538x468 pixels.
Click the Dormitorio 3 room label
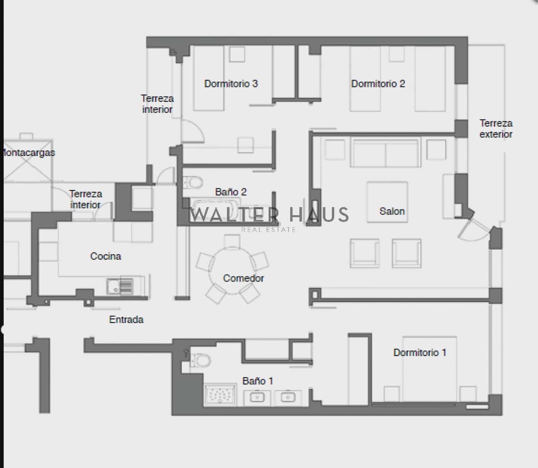(x=231, y=83)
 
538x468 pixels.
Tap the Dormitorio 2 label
(x=378, y=83)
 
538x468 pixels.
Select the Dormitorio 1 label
(x=419, y=353)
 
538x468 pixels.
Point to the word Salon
(x=392, y=211)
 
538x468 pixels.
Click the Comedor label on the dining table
(x=243, y=278)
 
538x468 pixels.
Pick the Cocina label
(x=106, y=256)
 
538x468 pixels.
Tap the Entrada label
(x=126, y=319)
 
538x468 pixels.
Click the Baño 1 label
(x=257, y=381)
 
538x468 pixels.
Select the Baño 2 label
(x=231, y=192)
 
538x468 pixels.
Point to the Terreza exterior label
(x=496, y=129)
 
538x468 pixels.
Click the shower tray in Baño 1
(x=220, y=395)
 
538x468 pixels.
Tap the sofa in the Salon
(x=385, y=152)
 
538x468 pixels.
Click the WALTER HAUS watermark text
(x=269, y=215)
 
